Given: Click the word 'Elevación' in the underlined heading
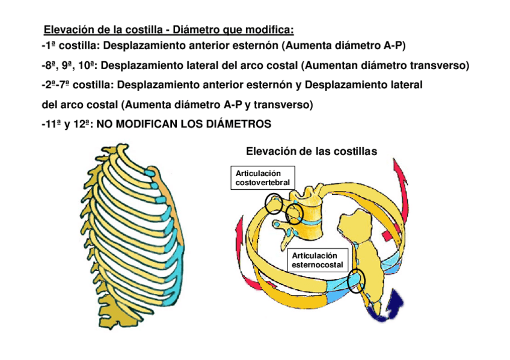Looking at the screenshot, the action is coord(67,30).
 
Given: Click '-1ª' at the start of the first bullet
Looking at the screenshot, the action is coord(49,46).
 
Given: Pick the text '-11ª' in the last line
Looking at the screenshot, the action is coord(52,124).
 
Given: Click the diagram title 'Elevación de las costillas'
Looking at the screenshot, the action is coord(312,151).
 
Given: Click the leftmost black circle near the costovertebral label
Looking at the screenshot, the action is coord(274,203).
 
